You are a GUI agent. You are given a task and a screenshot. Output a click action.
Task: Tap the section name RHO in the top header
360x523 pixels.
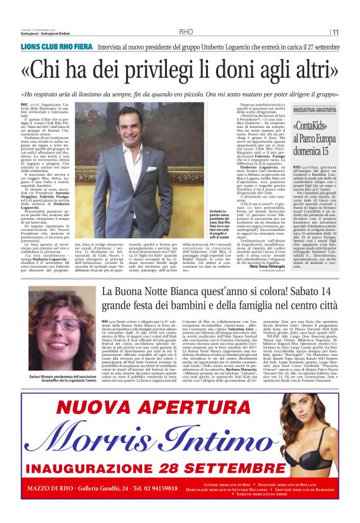click(186, 32)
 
